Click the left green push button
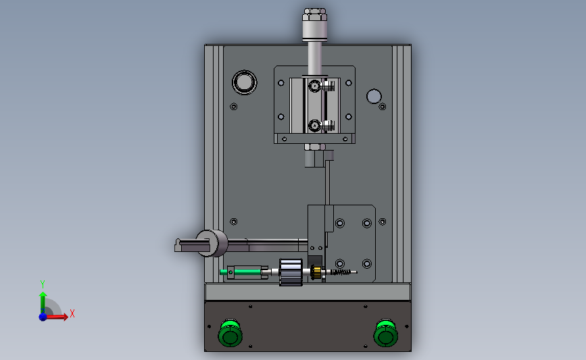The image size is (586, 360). pyautogui.click(x=230, y=333)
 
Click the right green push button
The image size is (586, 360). pyautogui.click(x=386, y=333)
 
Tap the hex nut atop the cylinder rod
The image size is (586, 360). pyautogui.click(x=315, y=14)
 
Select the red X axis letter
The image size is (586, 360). pyautogui.click(x=72, y=313)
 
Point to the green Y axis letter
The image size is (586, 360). pyautogui.click(x=43, y=284)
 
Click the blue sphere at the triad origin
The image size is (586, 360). pyautogui.click(x=43, y=317)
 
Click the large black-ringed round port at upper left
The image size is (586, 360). pyautogui.click(x=245, y=82)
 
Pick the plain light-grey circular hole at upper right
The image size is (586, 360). pyautogui.click(x=374, y=97)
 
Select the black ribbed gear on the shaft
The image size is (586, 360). pyautogui.click(x=291, y=272)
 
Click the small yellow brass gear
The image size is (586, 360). pyautogui.click(x=316, y=272)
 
